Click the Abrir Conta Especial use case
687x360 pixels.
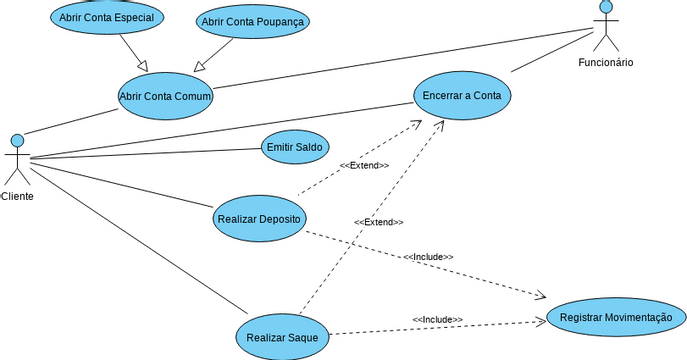tap(107, 17)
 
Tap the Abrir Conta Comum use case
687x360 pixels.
tap(166, 95)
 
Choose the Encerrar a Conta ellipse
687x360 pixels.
tap(462, 95)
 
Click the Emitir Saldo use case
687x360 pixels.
tap(295, 147)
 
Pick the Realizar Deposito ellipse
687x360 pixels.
tap(259, 219)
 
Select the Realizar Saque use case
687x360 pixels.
tap(282, 337)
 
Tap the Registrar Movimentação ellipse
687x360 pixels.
tap(616, 317)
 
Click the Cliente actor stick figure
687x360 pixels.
tap(17, 160)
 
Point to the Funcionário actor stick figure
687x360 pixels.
tap(605, 28)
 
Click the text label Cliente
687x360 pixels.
tap(17, 196)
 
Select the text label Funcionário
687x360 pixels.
tap(605, 63)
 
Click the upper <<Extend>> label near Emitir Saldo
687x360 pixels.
tap(364, 165)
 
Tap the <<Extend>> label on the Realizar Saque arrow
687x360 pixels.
tap(378, 222)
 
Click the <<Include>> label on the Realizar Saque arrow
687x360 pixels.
tap(437, 319)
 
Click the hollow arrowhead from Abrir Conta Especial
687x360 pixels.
tap(143, 66)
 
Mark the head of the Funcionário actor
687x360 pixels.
tap(605, 7)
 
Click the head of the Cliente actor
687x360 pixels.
tap(17, 139)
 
